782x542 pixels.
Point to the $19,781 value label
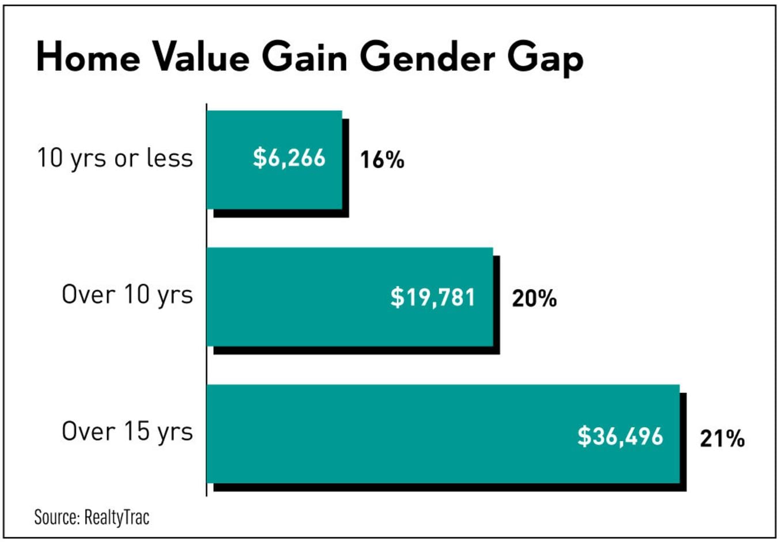point(433,297)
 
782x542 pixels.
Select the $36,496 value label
point(620,436)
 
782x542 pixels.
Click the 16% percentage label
point(382,160)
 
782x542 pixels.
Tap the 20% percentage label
point(534,299)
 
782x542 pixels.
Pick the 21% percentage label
point(721,439)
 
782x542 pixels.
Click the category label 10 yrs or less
point(115,158)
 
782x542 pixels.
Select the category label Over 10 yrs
point(127,295)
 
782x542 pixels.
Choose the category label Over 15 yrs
point(127,432)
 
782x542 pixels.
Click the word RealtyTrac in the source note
point(116,517)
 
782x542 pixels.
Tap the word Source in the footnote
point(56,517)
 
